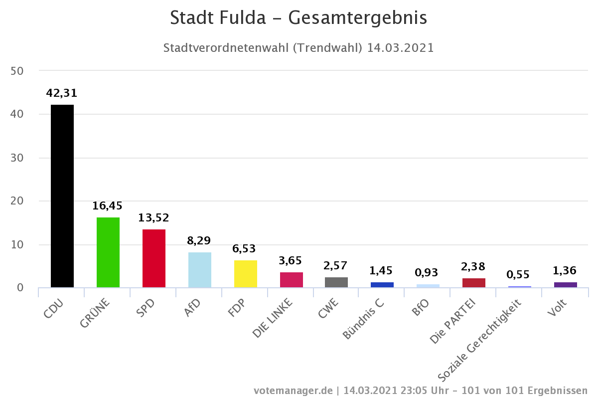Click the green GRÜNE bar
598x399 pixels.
click(108, 252)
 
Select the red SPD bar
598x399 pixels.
click(153, 258)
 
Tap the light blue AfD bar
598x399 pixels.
click(199, 270)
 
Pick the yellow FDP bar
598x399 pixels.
click(245, 274)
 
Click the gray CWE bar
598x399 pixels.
click(336, 282)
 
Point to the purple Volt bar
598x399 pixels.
click(565, 285)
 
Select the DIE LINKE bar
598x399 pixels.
click(291, 280)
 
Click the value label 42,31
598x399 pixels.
click(62, 93)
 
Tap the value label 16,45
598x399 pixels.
click(108, 205)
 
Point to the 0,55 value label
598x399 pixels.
click(518, 275)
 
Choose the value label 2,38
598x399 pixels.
click(473, 266)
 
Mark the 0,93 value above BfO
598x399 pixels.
click(428, 273)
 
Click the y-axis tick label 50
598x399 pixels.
click(17, 71)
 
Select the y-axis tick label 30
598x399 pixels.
click(17, 158)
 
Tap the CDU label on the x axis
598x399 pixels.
click(53, 308)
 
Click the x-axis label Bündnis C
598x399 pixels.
click(363, 319)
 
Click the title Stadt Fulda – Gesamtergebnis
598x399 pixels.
click(299, 18)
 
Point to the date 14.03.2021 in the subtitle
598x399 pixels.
click(400, 48)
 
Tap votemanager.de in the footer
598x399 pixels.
click(293, 390)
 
